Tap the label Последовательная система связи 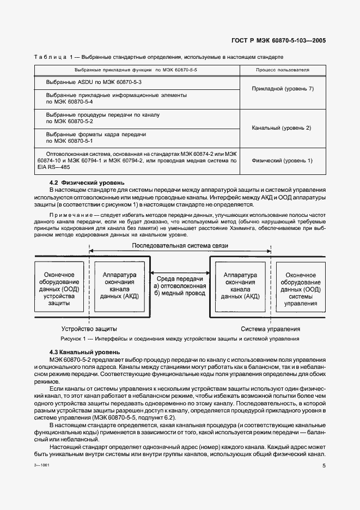[x=180, y=246]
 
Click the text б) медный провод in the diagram [x=180, y=293]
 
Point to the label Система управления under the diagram [x=271, y=329]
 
